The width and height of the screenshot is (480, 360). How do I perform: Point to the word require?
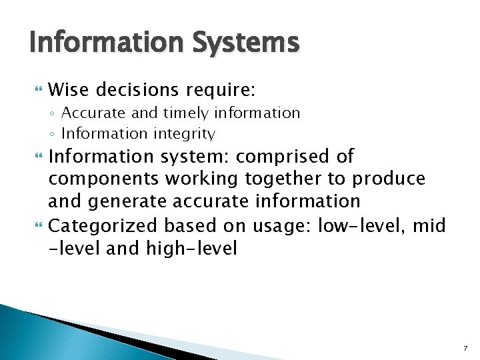click(217, 90)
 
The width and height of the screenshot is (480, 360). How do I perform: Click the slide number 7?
click(465, 349)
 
